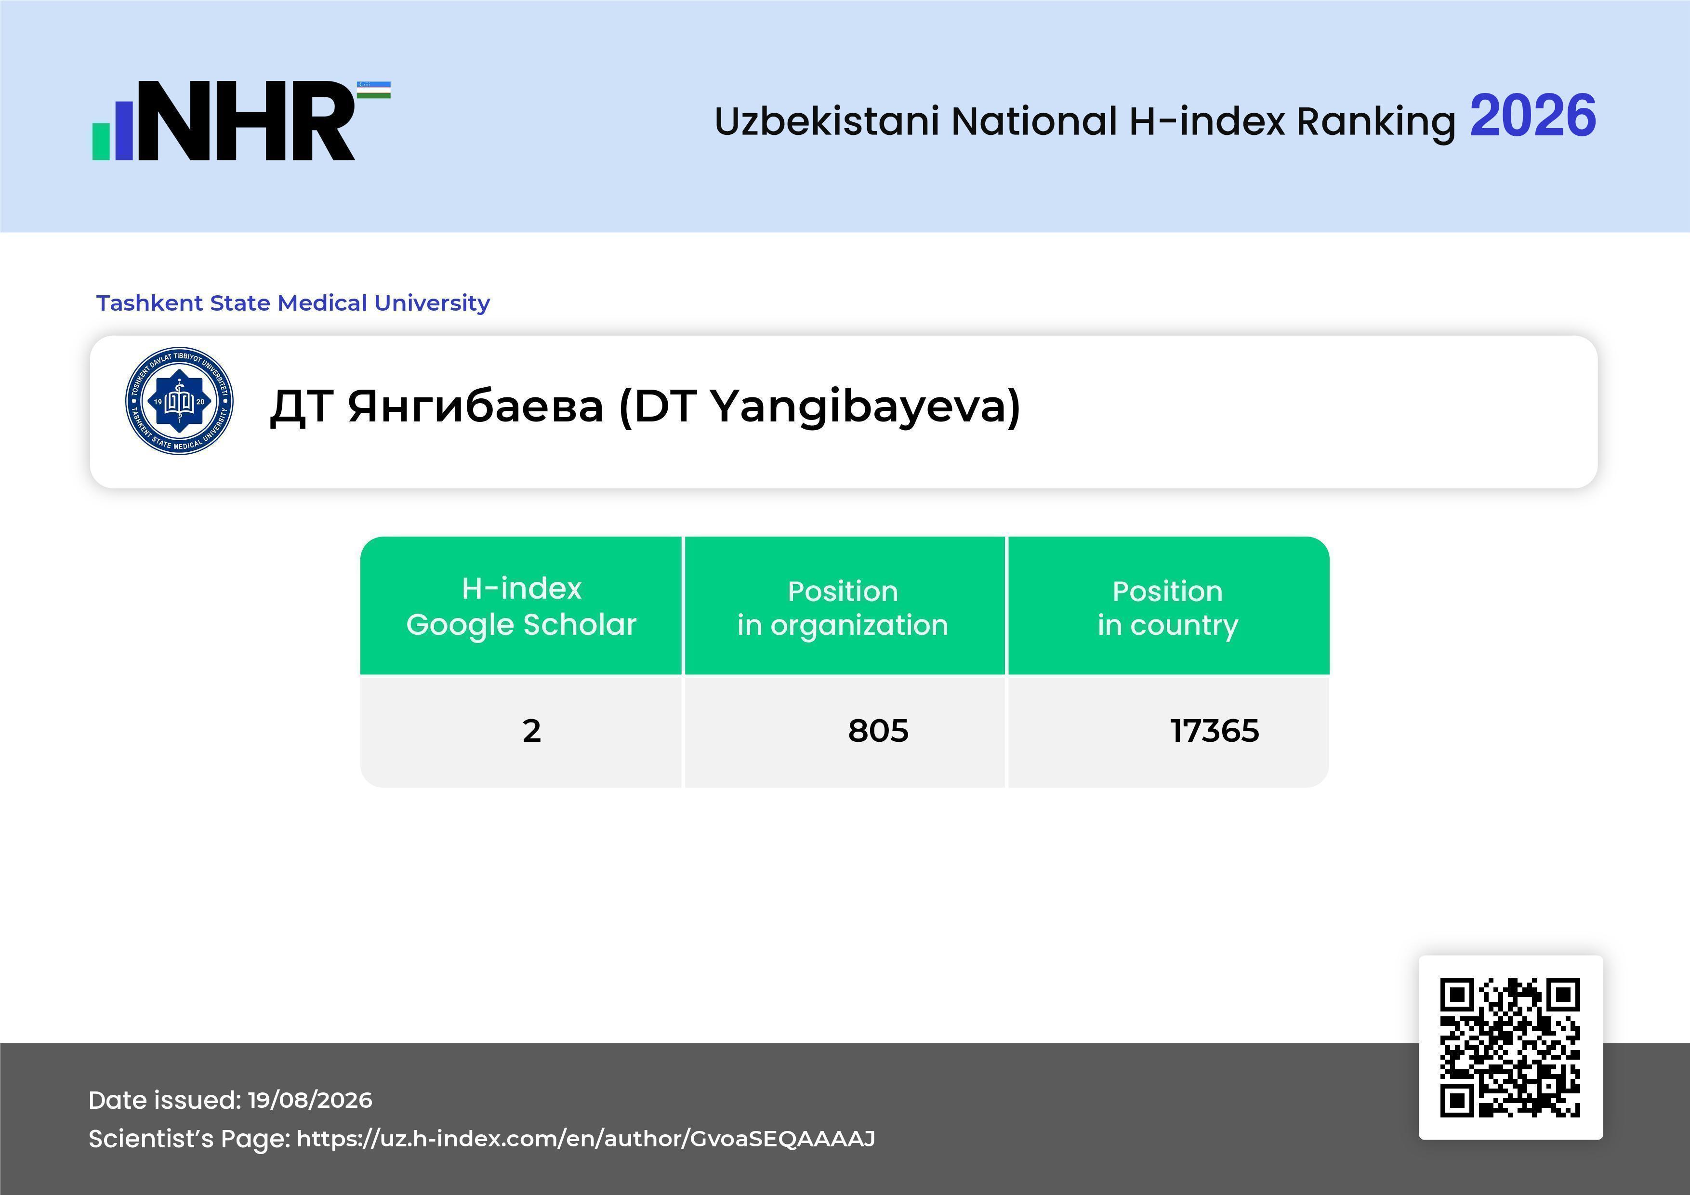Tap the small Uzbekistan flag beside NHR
point(374,90)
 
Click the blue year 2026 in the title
point(1532,116)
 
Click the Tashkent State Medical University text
point(293,302)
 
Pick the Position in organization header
point(843,608)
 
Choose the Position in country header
point(1167,608)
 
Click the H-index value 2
point(531,731)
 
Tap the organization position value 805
point(878,731)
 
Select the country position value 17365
point(1215,731)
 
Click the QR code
point(1510,1047)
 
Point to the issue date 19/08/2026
point(310,1100)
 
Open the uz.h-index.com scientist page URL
point(586,1138)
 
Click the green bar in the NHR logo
point(101,141)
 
